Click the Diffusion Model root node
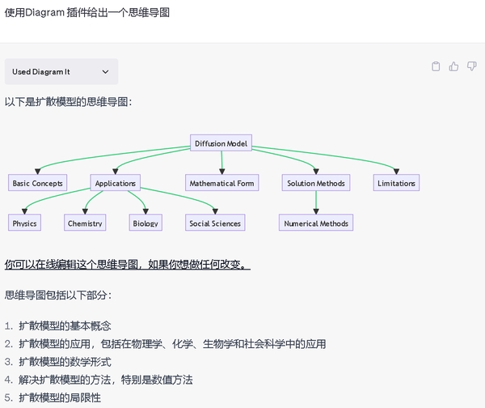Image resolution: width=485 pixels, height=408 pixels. pos(221,144)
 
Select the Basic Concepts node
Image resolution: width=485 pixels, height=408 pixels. pos(37,184)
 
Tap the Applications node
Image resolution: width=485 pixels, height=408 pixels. pos(115,184)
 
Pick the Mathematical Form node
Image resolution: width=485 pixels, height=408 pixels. pos(221,184)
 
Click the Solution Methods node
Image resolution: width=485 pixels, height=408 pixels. pos(316,184)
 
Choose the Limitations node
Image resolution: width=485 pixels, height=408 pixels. pos(396,184)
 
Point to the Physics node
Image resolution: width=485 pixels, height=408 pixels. pos(24,223)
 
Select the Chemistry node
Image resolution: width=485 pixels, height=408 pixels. pos(85,223)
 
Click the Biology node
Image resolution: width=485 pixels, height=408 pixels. pos(145,223)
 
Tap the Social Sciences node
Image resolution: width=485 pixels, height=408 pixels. pos(214,223)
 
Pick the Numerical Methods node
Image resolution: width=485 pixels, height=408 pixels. pos(316,223)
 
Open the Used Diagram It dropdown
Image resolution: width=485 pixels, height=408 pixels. pos(61,72)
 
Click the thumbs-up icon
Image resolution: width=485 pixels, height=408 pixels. pos(454,66)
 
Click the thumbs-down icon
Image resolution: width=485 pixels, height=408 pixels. pos(472,66)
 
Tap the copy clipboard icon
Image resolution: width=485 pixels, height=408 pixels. pos(436,66)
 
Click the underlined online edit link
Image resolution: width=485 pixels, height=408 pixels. pos(127,265)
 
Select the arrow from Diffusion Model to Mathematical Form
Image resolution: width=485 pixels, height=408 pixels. pos(221,164)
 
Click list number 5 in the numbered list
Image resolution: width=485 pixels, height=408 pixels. pos(9,398)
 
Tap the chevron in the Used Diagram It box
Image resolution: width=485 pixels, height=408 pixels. pos(105,72)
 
